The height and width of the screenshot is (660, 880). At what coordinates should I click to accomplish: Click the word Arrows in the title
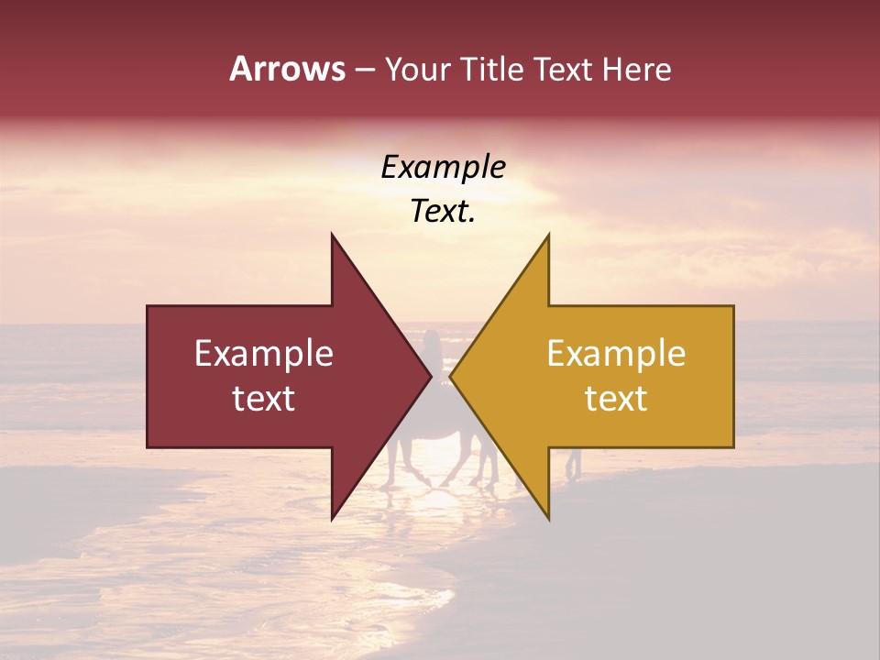287,69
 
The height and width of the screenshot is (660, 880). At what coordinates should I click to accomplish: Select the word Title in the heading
496,70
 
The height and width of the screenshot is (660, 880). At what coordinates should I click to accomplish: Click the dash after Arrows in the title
364,71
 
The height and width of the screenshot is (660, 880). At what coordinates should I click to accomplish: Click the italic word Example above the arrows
443,168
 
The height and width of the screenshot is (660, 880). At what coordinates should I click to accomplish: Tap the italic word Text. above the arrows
443,212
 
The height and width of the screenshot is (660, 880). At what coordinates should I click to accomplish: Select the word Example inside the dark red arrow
264,354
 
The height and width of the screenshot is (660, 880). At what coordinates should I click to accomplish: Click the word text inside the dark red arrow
264,399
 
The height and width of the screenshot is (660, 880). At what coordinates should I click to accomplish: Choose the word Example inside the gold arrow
616,354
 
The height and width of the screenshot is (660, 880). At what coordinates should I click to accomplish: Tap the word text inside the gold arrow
616,399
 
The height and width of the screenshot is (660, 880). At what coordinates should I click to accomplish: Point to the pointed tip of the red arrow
430,376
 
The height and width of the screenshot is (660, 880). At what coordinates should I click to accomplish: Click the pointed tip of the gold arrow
451,376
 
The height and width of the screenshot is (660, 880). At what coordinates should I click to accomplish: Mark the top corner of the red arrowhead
333,235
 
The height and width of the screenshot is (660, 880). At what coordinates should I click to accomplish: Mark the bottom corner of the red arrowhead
333,519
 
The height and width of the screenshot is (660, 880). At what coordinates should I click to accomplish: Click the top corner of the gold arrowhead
548,235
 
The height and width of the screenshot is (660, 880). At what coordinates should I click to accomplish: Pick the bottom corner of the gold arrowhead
548,519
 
